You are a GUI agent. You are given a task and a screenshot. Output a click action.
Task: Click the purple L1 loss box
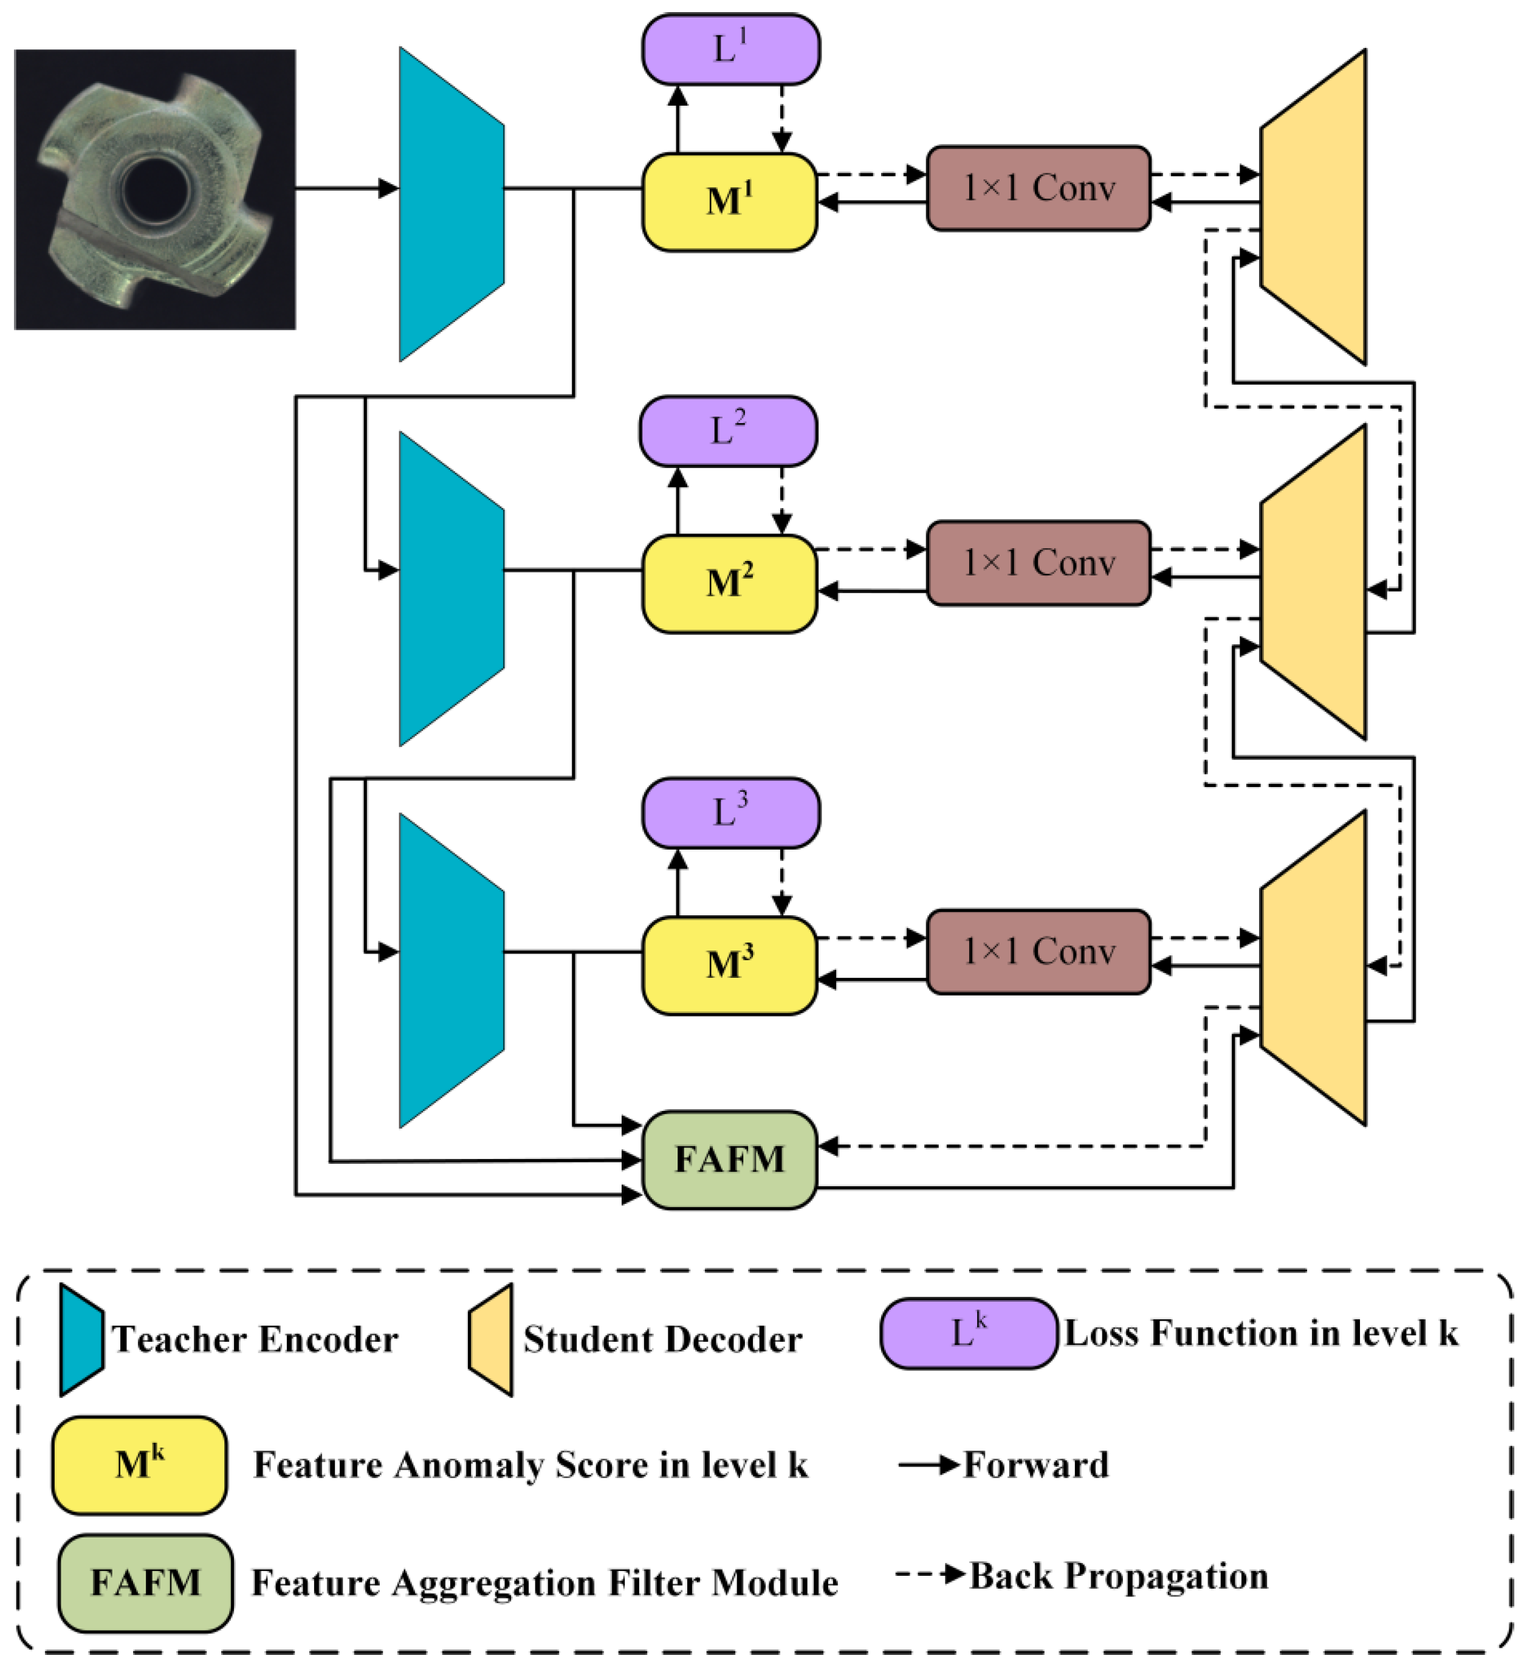[x=730, y=50]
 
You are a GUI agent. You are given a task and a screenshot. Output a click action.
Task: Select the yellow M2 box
[x=729, y=585]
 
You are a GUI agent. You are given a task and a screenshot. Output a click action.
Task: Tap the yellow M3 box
[x=729, y=966]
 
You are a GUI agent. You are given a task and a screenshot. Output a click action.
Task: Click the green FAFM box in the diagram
[x=729, y=1160]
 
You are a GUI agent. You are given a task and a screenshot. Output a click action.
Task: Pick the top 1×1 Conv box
[x=1038, y=188]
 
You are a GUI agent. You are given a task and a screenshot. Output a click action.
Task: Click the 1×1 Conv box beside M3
[x=1038, y=952]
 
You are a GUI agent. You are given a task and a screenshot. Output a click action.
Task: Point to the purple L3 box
[x=730, y=813]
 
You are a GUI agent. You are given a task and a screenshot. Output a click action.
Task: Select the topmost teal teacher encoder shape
[x=451, y=204]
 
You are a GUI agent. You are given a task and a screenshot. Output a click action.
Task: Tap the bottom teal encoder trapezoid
[x=451, y=970]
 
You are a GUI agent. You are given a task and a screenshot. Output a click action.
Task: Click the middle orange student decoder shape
[x=1313, y=582]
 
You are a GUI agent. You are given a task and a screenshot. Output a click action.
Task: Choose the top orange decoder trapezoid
[x=1313, y=207]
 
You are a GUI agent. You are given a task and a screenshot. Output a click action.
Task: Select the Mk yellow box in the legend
[x=139, y=1465]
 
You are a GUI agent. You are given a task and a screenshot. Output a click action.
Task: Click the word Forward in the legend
[x=1035, y=1465]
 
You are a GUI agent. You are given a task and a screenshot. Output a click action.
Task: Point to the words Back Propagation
[x=1118, y=1576]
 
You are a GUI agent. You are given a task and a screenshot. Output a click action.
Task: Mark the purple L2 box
[x=728, y=431]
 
